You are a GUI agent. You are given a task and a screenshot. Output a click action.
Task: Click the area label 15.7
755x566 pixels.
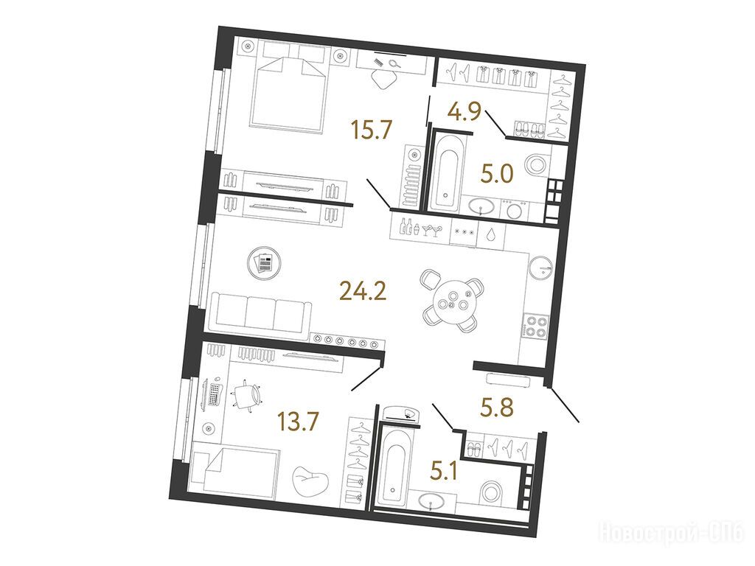click(x=372, y=130)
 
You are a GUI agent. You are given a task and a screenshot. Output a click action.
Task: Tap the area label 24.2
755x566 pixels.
click(x=363, y=290)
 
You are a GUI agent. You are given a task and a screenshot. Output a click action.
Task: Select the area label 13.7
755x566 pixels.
click(x=298, y=422)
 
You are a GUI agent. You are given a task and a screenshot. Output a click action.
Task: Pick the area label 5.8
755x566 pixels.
click(x=496, y=406)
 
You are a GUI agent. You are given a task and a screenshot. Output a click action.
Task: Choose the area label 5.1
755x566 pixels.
click(x=443, y=471)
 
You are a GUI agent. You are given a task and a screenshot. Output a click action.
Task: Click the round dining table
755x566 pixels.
click(x=452, y=301)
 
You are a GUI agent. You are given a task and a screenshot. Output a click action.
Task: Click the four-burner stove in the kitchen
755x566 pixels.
click(x=535, y=326)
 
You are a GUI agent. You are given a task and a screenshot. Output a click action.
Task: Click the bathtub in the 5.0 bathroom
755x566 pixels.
click(x=447, y=172)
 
